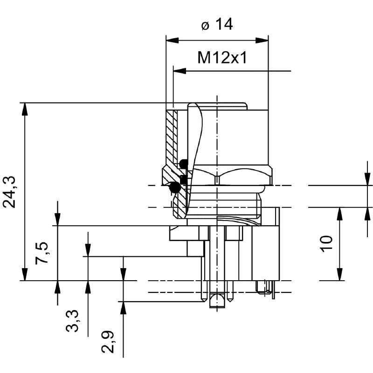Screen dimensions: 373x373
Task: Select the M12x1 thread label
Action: (221, 58)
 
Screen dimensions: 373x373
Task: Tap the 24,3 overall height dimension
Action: (10, 192)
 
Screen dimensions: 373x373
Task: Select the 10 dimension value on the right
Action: (326, 243)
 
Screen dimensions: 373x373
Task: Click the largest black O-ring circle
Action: (175, 187)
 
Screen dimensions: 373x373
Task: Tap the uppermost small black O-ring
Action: (184, 164)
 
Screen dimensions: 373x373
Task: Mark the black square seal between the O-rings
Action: (183, 178)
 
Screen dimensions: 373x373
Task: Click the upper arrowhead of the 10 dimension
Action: (340, 213)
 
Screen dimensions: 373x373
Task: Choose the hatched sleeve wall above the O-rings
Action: (171, 135)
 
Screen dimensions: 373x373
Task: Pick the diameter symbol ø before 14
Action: (205, 25)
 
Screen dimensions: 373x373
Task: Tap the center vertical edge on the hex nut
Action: (217, 178)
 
